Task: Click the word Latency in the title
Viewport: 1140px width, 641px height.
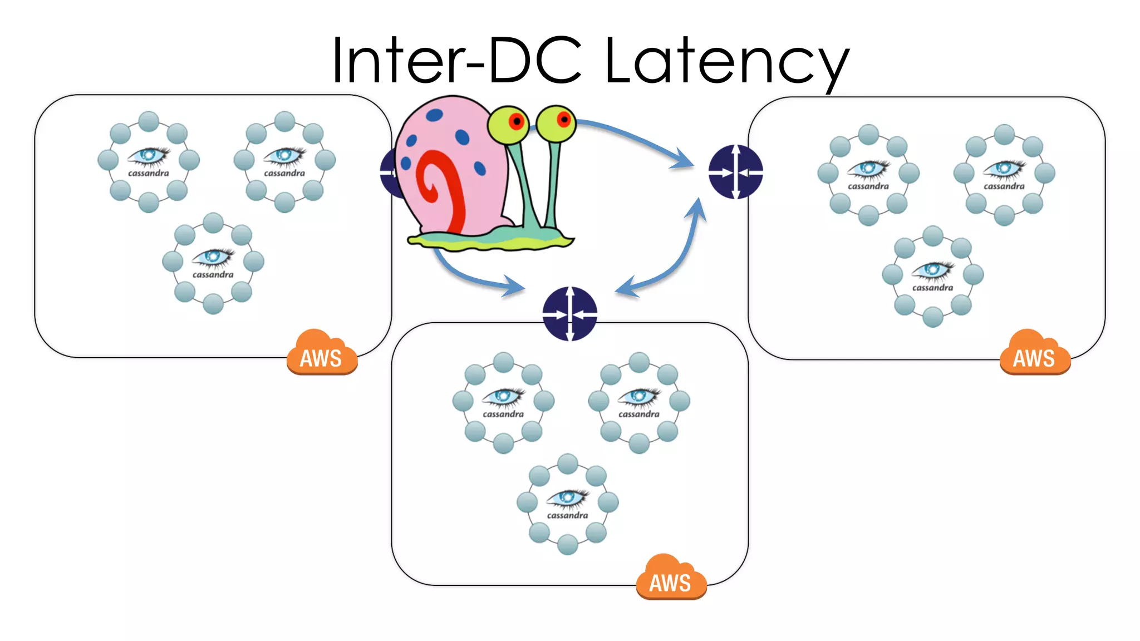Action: click(726, 60)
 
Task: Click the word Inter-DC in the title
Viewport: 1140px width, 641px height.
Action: click(456, 60)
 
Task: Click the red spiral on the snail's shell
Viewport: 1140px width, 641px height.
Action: click(443, 189)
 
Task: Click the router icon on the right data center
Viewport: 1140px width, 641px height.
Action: click(735, 171)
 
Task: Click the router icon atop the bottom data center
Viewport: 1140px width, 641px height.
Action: click(569, 313)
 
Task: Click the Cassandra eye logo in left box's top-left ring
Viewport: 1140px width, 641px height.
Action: click(148, 156)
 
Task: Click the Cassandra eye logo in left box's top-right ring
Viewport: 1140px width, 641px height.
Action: click(284, 156)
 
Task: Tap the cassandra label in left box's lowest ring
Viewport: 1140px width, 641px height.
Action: click(213, 275)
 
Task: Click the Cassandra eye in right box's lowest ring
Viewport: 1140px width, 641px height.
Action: click(932, 270)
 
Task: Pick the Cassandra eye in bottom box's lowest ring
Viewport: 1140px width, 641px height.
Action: click(567, 498)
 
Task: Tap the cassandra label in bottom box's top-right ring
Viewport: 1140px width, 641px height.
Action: click(639, 415)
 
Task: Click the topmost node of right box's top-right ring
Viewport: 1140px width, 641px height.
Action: click(1004, 135)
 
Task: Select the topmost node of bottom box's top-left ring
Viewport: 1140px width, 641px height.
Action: click(503, 362)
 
